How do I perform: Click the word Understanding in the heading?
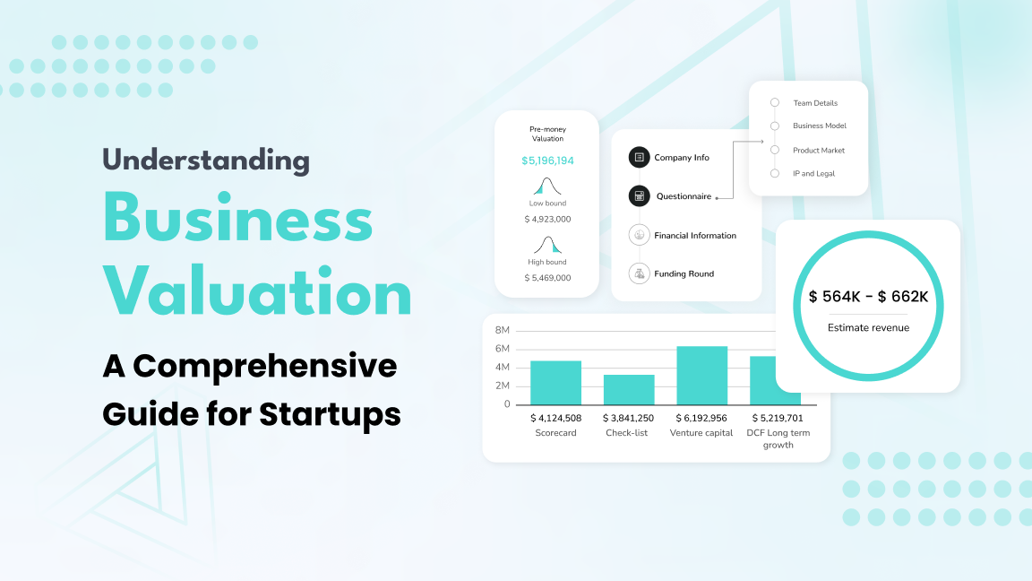click(206, 160)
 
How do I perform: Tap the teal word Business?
click(237, 217)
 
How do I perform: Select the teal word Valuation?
click(257, 291)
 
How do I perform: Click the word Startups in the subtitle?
click(330, 415)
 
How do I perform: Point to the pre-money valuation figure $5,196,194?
click(547, 160)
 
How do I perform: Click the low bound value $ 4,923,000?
click(547, 220)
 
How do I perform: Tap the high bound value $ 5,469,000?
click(547, 278)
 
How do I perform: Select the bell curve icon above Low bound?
click(547, 186)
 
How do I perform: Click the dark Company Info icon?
click(639, 158)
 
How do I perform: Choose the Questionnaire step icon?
click(639, 196)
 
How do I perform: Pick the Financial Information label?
click(695, 236)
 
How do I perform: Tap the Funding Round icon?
click(639, 273)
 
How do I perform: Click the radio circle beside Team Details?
click(775, 103)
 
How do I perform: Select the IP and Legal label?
click(813, 174)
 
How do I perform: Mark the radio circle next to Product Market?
click(775, 151)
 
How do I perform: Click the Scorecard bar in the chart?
click(555, 383)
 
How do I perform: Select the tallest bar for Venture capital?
click(701, 376)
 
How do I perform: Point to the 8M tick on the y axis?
click(503, 330)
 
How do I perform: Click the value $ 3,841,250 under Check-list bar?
click(629, 419)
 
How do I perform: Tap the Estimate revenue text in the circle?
click(868, 328)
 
